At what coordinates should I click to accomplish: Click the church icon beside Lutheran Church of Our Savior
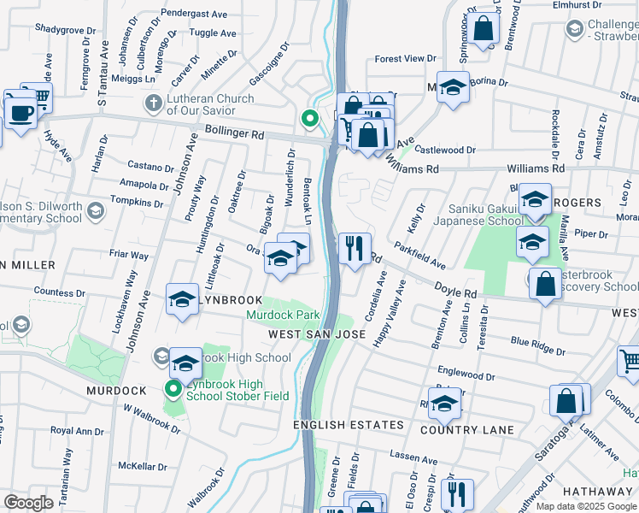pos(154,104)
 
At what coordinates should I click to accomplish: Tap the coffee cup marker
pos(20,112)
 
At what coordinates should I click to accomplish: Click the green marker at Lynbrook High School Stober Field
pos(173,390)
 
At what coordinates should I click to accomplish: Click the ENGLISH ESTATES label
pos(348,425)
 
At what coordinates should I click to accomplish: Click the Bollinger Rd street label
pos(235,134)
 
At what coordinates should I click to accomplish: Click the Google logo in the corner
pos(29,503)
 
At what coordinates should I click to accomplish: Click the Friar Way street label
pos(128,255)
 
